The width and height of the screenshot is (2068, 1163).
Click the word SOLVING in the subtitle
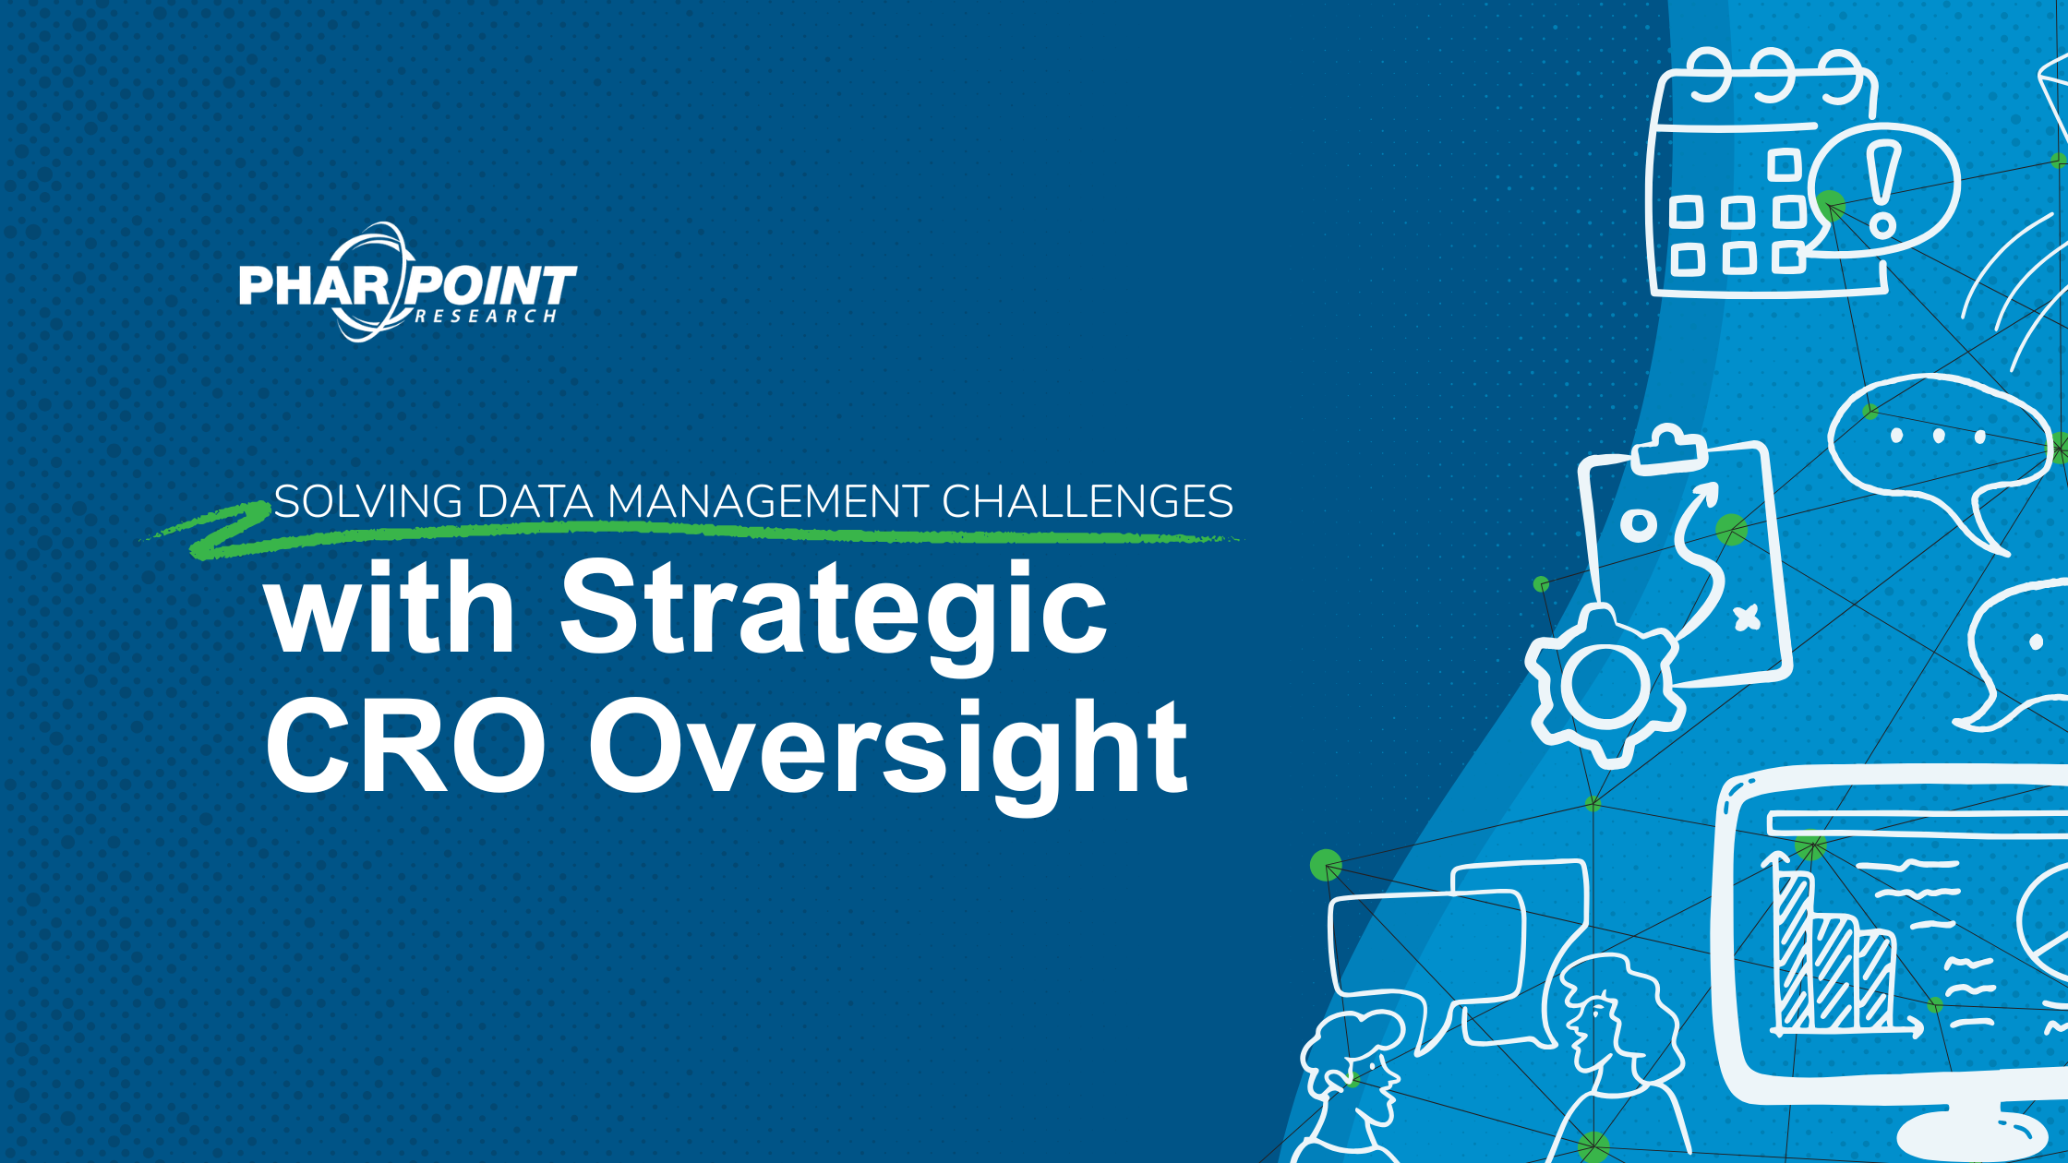tap(368, 502)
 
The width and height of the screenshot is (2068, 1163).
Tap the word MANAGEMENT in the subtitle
tap(767, 502)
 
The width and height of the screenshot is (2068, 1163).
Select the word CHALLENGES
tap(1087, 502)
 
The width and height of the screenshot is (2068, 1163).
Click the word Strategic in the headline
tap(834, 609)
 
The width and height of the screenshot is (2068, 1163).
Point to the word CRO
tap(404, 746)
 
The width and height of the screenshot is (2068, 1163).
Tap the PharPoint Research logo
tap(407, 282)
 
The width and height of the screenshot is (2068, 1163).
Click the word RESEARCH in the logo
tap(486, 317)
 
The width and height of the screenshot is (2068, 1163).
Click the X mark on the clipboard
tap(1746, 617)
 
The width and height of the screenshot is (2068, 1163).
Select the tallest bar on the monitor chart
tap(1795, 951)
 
